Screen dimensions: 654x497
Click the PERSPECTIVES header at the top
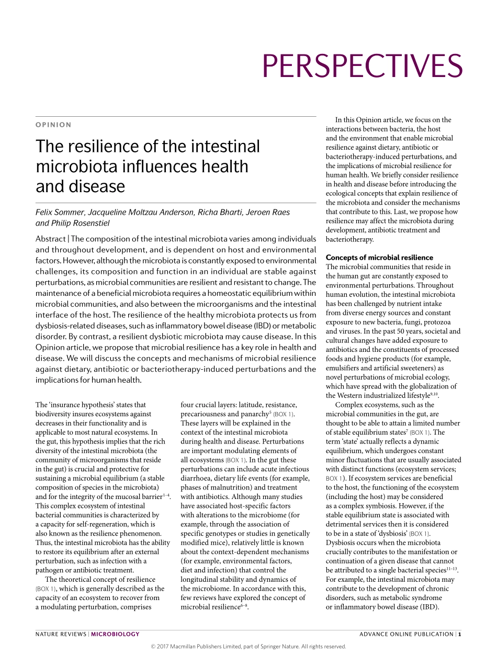(362, 66)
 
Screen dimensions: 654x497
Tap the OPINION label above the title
(53, 125)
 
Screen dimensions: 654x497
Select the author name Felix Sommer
(60, 212)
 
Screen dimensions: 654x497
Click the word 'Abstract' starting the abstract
(50, 239)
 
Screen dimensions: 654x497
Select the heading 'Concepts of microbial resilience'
(379, 257)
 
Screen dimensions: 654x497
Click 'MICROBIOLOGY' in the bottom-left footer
(115, 634)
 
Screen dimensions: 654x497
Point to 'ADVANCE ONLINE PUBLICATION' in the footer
(406, 634)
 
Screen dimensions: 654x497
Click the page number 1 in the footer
(459, 634)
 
